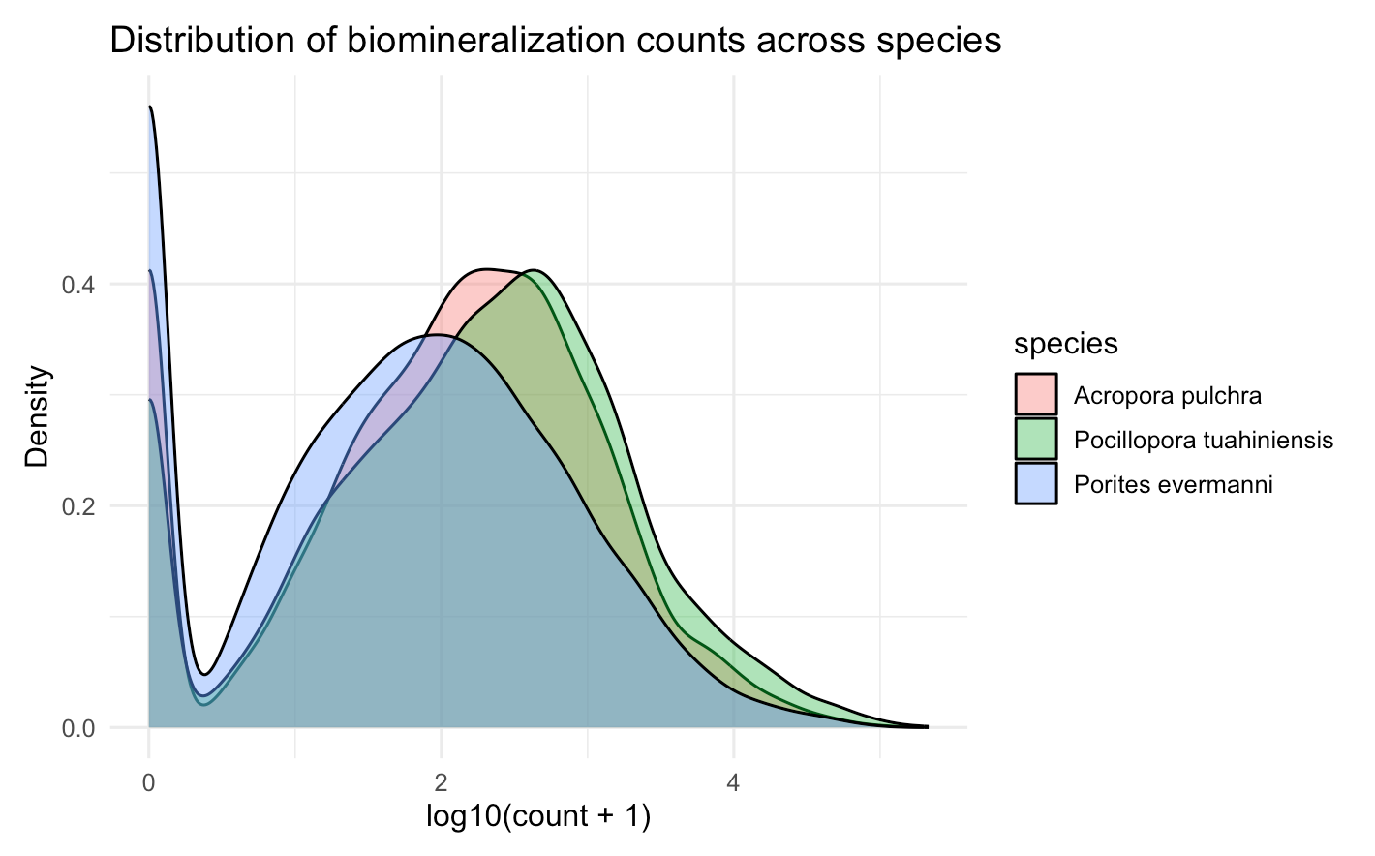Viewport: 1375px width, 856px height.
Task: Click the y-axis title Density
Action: tap(37, 415)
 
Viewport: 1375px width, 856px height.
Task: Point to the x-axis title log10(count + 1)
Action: tap(538, 816)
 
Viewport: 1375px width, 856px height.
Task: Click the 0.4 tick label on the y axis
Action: tap(79, 285)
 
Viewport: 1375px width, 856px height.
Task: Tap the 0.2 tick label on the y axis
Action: tap(79, 506)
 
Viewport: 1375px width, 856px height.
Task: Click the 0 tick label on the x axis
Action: tap(148, 782)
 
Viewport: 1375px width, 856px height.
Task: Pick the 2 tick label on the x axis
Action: tap(442, 782)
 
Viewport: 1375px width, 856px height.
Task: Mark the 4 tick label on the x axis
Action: tap(733, 782)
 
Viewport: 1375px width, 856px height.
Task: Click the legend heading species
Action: tap(1066, 344)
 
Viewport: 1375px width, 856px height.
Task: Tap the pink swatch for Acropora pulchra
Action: tap(1036, 395)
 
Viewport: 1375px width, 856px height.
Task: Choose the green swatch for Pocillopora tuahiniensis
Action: tap(1036, 440)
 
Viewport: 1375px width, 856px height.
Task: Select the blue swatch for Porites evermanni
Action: tap(1036, 484)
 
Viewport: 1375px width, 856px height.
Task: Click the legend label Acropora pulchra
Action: tap(1168, 395)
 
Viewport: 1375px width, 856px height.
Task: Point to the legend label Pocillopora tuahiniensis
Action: tap(1204, 441)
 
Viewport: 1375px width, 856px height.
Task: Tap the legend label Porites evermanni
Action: tap(1174, 484)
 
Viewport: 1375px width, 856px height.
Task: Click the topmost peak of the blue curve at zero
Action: tap(149, 107)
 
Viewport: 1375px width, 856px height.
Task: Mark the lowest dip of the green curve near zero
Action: tap(203, 704)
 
